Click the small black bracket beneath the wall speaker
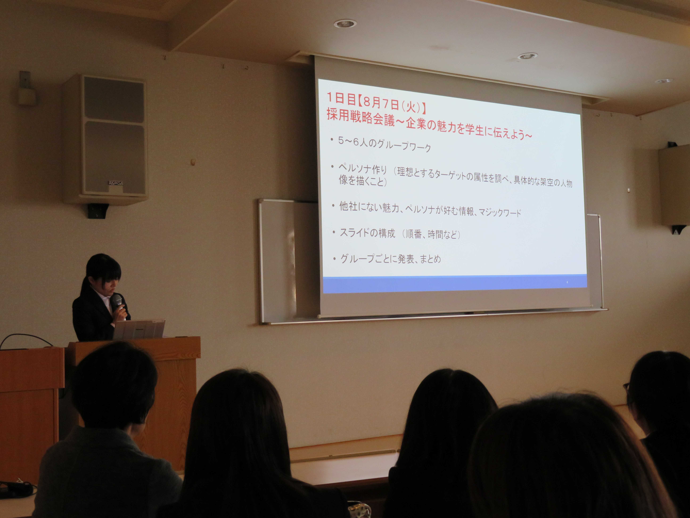click(x=98, y=211)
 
